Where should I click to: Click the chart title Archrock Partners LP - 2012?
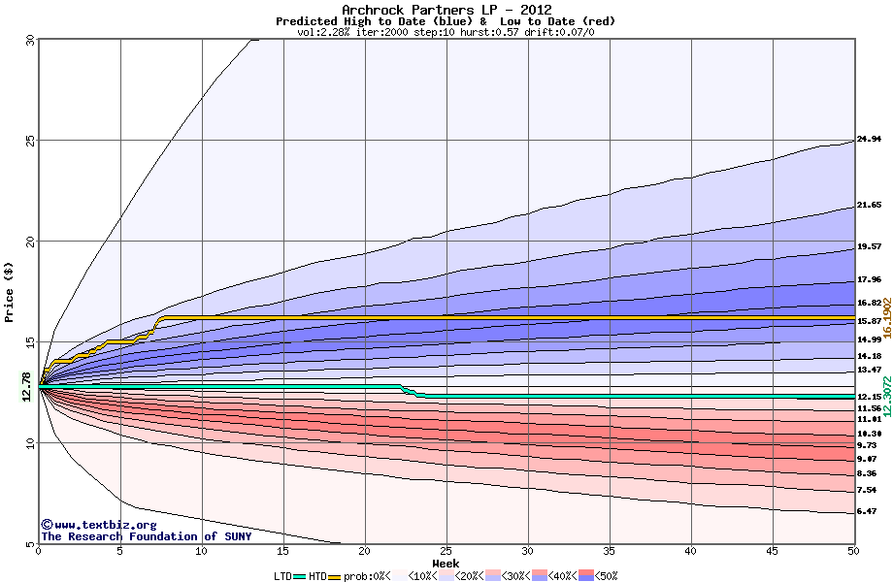click(446, 10)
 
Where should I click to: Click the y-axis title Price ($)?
click(9, 292)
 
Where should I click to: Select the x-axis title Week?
click(446, 563)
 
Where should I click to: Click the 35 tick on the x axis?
click(609, 552)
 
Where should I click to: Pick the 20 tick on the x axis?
click(364, 552)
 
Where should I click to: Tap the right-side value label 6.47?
click(866, 511)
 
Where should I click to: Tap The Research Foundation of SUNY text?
click(146, 536)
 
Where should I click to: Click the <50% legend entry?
click(599, 576)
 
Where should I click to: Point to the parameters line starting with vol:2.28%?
click(446, 32)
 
